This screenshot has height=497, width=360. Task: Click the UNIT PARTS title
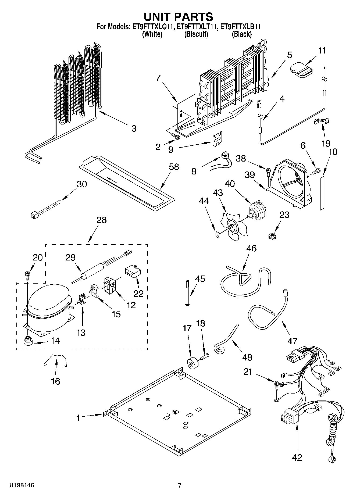tap(178, 17)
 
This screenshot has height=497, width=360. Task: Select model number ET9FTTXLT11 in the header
tap(197, 27)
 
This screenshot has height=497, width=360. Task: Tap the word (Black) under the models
tap(242, 34)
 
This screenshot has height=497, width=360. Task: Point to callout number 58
tap(174, 167)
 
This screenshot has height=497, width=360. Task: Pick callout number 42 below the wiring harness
tap(297, 457)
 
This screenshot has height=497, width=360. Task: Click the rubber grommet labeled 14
tap(28, 341)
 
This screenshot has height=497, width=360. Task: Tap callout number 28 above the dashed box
tap(102, 220)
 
